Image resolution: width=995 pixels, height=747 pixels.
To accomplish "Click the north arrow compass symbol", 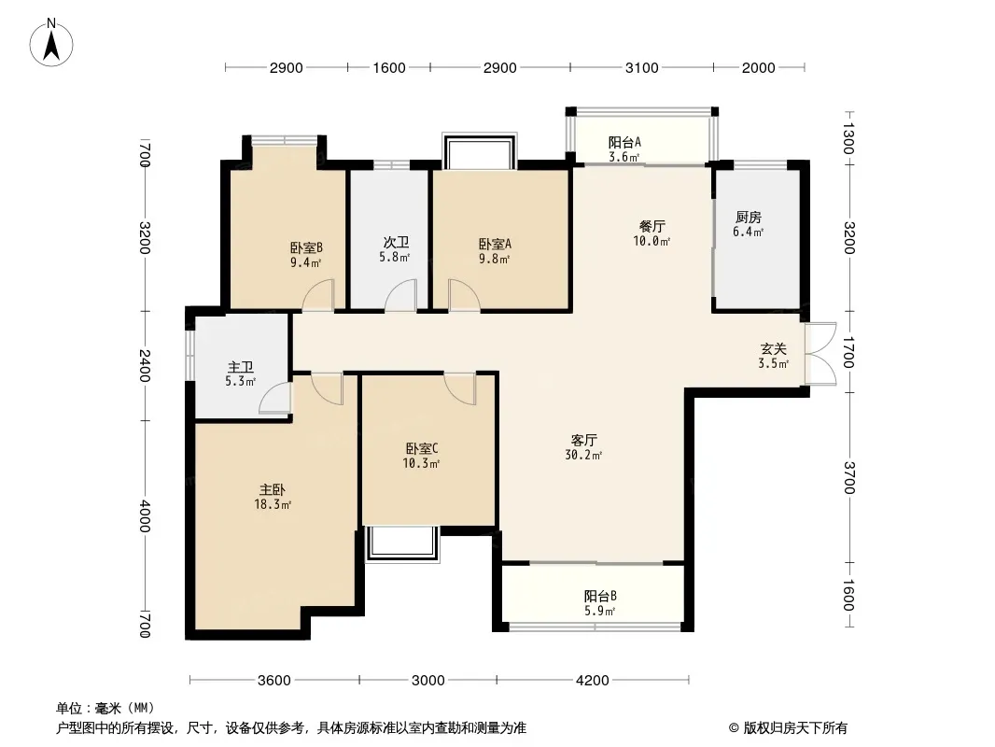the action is click(x=51, y=43).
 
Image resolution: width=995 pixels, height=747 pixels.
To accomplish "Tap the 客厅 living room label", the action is click(x=583, y=440).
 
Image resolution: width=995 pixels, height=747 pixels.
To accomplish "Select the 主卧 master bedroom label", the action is click(x=273, y=490).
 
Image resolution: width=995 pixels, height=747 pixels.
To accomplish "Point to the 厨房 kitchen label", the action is click(x=749, y=217).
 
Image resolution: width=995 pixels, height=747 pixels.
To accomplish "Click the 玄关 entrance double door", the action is click(x=820, y=354).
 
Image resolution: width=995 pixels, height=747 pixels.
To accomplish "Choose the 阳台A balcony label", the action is click(x=624, y=142).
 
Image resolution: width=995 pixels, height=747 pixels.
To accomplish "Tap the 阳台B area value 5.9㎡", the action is click(x=599, y=612).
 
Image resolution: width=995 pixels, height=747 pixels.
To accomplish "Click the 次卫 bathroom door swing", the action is click(x=401, y=296).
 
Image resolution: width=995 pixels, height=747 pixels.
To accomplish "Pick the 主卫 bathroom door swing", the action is click(x=275, y=398).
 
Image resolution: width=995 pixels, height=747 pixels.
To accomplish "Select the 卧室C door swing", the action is click(x=459, y=388).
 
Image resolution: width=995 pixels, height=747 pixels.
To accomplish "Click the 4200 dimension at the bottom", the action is click(x=592, y=681).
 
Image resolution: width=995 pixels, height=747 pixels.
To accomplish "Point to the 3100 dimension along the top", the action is click(x=641, y=68).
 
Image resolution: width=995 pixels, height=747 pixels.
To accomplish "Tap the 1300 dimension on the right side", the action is click(x=848, y=137).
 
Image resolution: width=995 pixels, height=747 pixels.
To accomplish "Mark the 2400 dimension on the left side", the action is click(x=146, y=366).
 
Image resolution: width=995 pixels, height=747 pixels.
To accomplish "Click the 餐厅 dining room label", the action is click(x=652, y=226).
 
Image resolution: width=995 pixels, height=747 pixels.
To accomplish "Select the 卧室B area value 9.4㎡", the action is click(x=306, y=262).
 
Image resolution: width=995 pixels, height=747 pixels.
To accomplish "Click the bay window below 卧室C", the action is click(x=402, y=543).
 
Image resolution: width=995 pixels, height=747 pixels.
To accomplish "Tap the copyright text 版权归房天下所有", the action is click(x=795, y=728).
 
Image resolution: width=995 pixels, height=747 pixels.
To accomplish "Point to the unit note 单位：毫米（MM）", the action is click(x=105, y=709).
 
